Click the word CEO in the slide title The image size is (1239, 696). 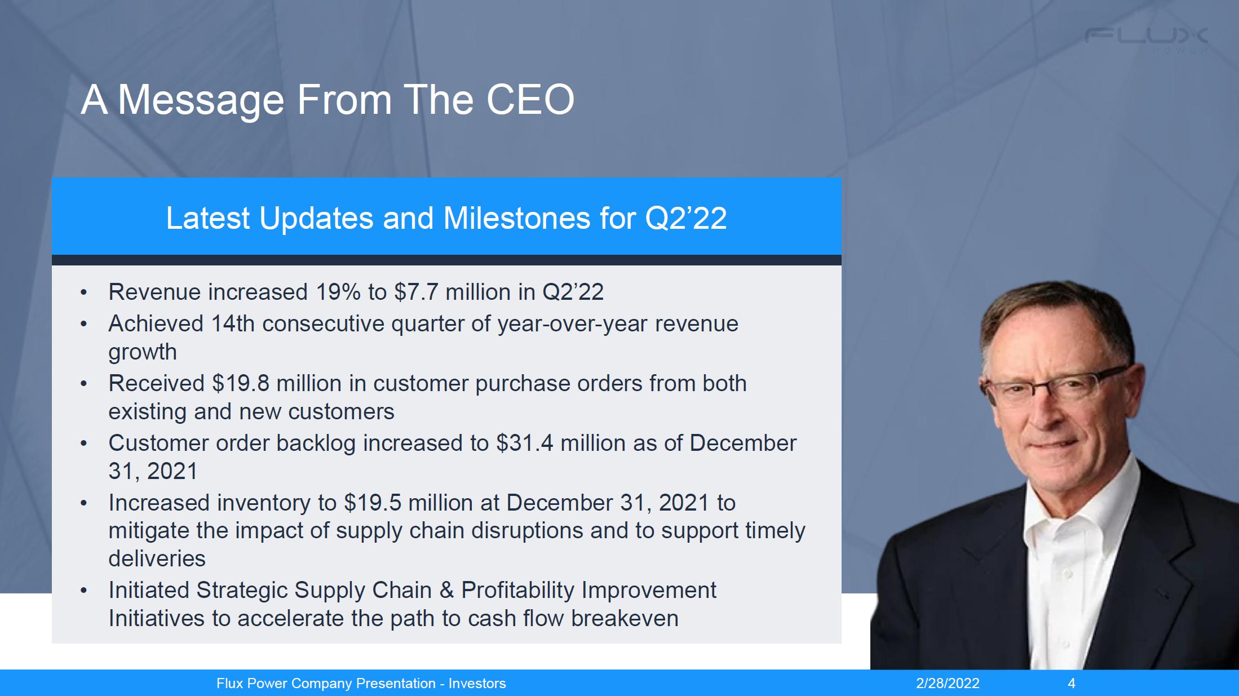coord(530,100)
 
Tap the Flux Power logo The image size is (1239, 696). coord(1146,40)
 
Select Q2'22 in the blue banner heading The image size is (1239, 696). coord(685,218)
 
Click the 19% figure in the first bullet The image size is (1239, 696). coord(338,292)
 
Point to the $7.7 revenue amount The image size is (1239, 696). coord(416,292)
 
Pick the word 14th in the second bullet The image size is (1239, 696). coord(233,323)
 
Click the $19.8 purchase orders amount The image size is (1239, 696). coord(241,383)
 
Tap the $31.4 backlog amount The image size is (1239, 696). coord(525,443)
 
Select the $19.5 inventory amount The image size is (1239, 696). coord(373,503)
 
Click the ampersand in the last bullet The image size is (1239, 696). coord(446,590)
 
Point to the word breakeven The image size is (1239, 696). coord(625,618)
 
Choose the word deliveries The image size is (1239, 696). coord(157,558)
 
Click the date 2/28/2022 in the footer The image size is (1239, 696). coord(948,684)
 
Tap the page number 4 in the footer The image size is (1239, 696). coord(1072,684)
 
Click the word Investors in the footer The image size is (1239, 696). coord(477,684)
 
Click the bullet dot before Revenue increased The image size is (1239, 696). coord(84,292)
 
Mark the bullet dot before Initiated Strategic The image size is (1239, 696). coord(84,591)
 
